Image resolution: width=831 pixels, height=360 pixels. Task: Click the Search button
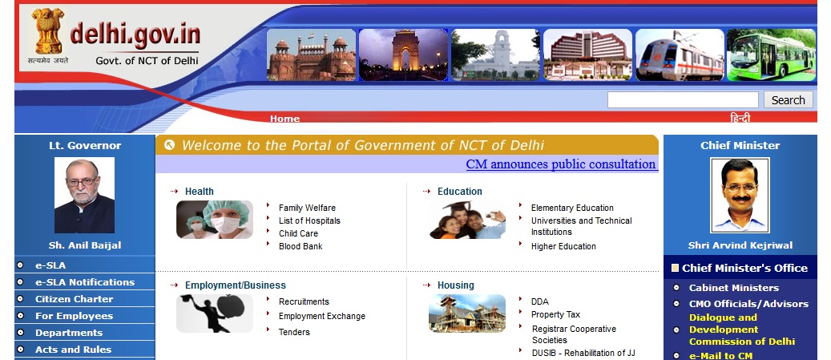[x=788, y=99]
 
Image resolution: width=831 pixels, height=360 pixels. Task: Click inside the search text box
[x=683, y=99]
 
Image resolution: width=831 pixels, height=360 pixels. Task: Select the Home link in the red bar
[x=284, y=119]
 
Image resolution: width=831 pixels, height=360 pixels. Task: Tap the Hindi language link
[x=740, y=118]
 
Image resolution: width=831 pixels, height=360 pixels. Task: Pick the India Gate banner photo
[x=403, y=55]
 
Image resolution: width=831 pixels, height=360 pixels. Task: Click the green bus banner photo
[x=771, y=55]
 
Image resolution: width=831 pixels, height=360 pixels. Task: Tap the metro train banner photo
[x=680, y=55]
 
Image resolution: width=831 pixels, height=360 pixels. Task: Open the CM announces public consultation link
[x=561, y=164]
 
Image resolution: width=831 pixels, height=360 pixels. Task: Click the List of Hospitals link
[x=309, y=220]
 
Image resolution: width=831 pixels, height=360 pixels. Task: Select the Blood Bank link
[x=301, y=246]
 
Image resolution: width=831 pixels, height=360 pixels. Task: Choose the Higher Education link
[x=563, y=246]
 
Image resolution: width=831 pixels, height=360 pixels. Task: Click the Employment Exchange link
[x=322, y=316]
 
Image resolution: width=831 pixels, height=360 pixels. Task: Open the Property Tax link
[x=555, y=314]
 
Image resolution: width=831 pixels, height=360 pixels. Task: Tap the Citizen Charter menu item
[x=75, y=299]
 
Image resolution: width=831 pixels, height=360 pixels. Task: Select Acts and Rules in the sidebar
[x=73, y=350]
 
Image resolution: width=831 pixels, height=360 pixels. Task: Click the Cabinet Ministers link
[x=734, y=288]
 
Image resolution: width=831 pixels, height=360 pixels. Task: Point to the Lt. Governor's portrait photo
[x=84, y=196]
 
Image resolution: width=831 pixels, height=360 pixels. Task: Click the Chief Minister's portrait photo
[x=740, y=196]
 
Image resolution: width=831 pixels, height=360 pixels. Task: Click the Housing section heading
[x=456, y=285]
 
